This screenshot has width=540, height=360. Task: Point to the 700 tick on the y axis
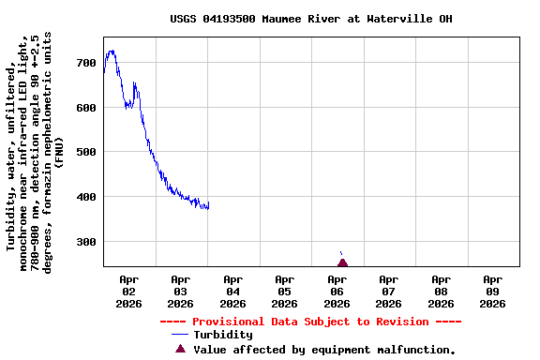tap(86, 63)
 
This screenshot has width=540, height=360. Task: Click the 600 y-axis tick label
tap(86, 108)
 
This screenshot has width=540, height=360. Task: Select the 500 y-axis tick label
tap(86, 152)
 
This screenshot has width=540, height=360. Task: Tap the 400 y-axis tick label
tap(86, 197)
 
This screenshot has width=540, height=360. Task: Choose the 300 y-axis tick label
tap(86, 242)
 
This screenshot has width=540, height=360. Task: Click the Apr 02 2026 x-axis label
tap(129, 291)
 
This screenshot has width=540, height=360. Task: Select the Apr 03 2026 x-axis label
tap(181, 291)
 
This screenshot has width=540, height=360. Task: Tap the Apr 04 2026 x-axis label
tap(232, 291)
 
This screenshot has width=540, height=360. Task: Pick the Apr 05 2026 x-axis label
tap(285, 291)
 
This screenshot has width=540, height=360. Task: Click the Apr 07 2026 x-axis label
tap(388, 291)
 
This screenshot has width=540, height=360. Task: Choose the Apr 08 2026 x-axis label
tap(441, 291)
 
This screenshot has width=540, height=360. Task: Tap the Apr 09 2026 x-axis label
tap(492, 291)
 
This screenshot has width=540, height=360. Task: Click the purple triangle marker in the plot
tap(342, 262)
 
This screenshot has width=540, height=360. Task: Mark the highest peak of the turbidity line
tap(112, 51)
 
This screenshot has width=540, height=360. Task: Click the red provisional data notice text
tap(310, 322)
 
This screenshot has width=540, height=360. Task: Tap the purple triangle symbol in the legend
tap(180, 349)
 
